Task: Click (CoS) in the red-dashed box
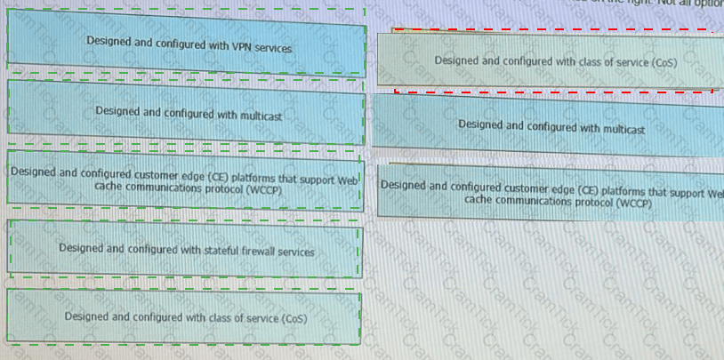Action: point(660,62)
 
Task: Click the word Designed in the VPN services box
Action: point(109,41)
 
